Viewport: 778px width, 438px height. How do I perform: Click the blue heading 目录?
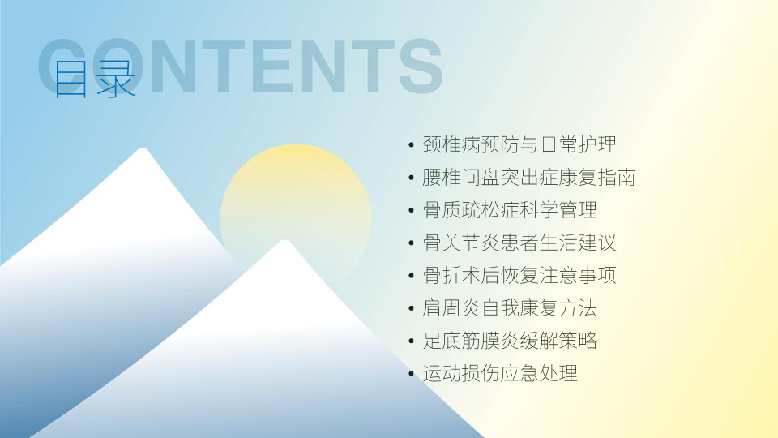(94, 79)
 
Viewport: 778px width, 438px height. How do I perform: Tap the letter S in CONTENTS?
(421, 66)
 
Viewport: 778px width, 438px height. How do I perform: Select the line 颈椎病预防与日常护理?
(519, 144)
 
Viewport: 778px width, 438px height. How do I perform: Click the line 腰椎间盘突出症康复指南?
(529, 178)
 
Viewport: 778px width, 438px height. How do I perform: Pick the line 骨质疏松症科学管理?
(510, 210)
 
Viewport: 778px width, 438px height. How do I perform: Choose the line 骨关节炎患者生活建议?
(519, 243)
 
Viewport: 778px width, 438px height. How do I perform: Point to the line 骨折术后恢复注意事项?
(519, 276)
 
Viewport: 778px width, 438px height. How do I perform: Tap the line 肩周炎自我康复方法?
(510, 308)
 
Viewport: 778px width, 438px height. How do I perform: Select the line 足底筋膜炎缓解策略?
(510, 341)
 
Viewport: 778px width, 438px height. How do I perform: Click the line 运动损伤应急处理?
(500, 373)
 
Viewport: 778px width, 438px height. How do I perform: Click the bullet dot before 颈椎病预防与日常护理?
(411, 145)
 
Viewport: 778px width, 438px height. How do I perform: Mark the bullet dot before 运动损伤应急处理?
(411, 374)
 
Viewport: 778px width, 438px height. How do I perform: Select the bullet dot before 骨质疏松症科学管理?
(411, 211)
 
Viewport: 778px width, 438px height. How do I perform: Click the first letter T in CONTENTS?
(224, 66)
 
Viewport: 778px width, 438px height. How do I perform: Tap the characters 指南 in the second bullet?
(616, 178)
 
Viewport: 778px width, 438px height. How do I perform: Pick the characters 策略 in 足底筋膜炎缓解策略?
(578, 341)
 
